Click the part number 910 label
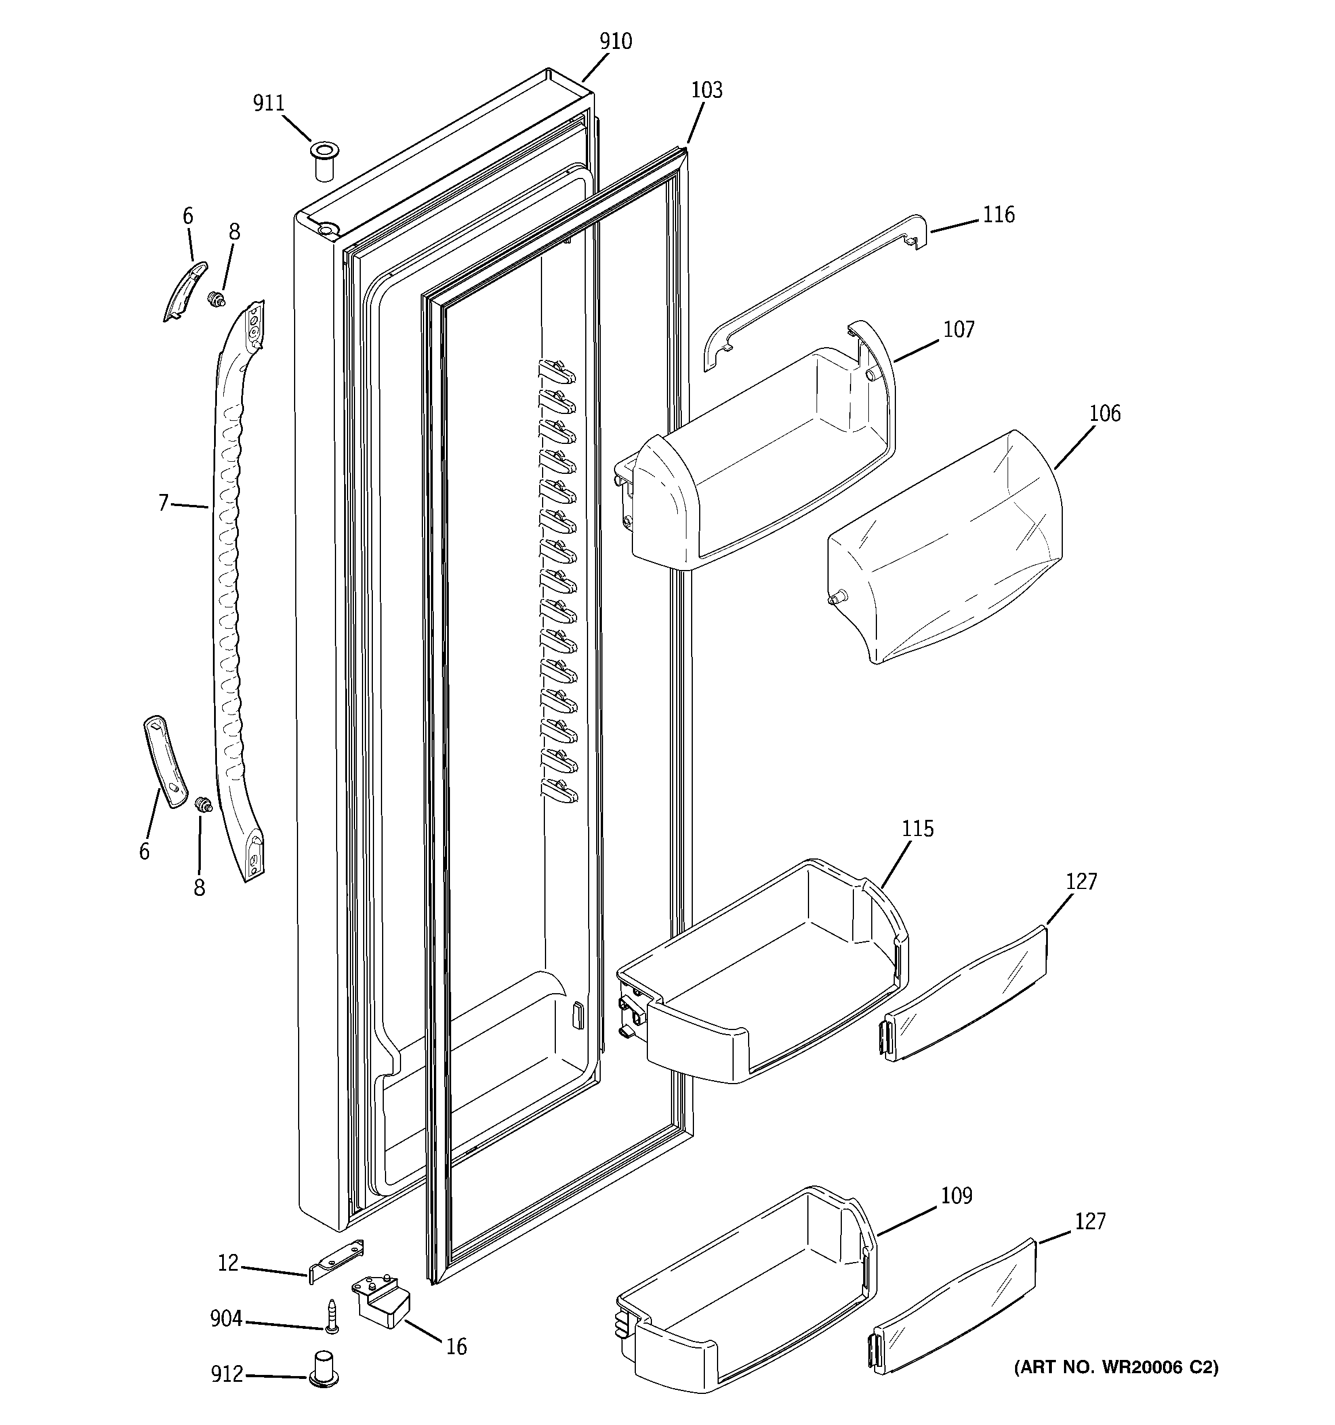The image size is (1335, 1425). click(x=616, y=41)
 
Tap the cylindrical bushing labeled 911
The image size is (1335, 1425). click(x=324, y=163)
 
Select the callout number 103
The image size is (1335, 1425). click(x=707, y=90)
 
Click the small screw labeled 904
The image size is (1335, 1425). click(x=331, y=1317)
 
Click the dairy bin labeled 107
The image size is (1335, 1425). click(x=760, y=459)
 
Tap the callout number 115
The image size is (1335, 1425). click(x=917, y=829)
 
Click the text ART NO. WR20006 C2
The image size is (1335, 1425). click(x=1116, y=1367)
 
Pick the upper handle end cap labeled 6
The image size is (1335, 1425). click(x=185, y=290)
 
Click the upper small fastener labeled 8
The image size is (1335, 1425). click(x=212, y=298)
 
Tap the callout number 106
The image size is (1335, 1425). click(x=1104, y=413)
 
